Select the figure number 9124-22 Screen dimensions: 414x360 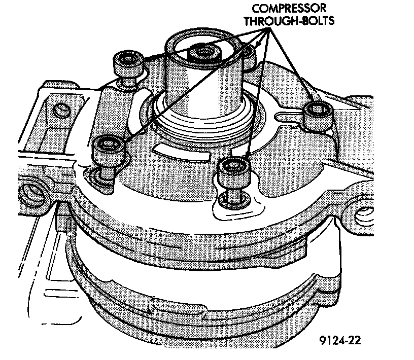[341, 338]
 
